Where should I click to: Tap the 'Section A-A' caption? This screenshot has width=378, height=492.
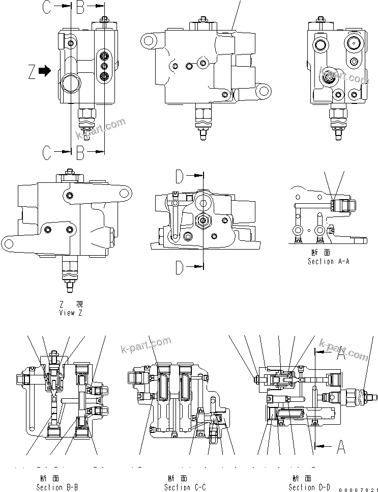coord(328,261)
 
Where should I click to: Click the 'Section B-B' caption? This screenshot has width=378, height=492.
coord(57,487)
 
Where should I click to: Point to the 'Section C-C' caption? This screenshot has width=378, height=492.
coord(185,487)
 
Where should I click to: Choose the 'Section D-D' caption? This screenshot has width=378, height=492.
coord(309,487)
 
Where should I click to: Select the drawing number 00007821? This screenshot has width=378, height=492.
coord(358,488)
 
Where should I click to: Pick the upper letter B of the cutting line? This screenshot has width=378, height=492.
coord(81,7)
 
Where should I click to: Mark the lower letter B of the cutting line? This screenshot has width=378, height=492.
coord(81,150)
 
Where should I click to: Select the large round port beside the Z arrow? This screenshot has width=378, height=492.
coord(70,82)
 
